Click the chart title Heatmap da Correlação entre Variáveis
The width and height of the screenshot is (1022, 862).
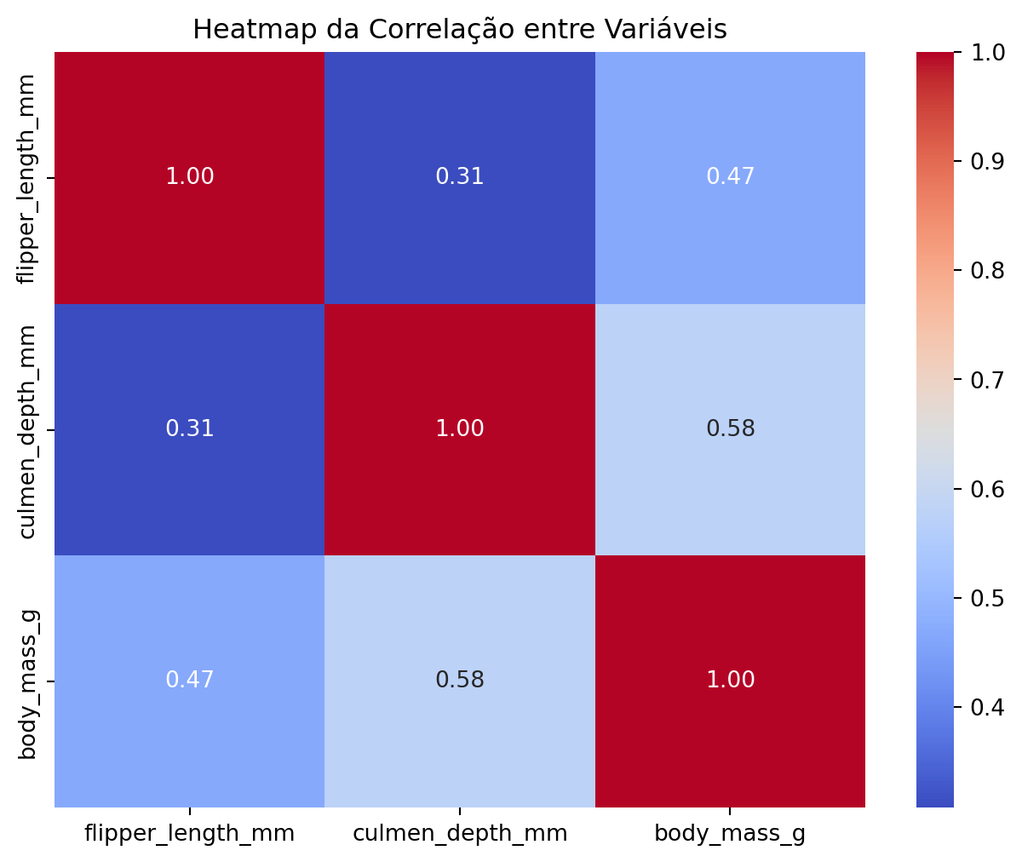coord(459,29)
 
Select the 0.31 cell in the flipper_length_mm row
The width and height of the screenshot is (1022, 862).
coord(459,177)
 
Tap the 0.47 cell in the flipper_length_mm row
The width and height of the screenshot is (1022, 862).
coord(730,177)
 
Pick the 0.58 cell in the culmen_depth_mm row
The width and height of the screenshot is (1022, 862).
coord(730,428)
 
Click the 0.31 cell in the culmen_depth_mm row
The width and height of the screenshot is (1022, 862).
coord(189,428)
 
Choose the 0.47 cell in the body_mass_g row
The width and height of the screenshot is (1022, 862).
coord(189,680)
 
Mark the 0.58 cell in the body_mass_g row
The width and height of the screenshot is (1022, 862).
coord(459,680)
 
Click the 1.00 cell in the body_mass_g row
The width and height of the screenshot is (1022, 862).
coord(730,680)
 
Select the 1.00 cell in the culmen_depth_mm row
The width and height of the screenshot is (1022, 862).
coord(459,428)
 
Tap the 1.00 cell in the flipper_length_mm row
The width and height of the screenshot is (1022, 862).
coord(189,177)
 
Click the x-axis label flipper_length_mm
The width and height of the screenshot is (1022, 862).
coord(189,833)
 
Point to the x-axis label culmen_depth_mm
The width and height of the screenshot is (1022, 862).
coord(459,833)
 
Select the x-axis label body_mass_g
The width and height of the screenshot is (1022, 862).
coord(730,833)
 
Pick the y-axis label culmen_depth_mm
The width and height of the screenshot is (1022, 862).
coord(27,431)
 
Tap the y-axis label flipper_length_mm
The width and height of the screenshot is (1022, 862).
coord(27,178)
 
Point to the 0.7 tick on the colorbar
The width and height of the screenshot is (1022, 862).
coord(986,379)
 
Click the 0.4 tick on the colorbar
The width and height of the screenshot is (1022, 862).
coord(986,707)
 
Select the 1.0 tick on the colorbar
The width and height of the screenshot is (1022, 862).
coord(986,53)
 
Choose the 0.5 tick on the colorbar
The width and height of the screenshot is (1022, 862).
coord(986,597)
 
